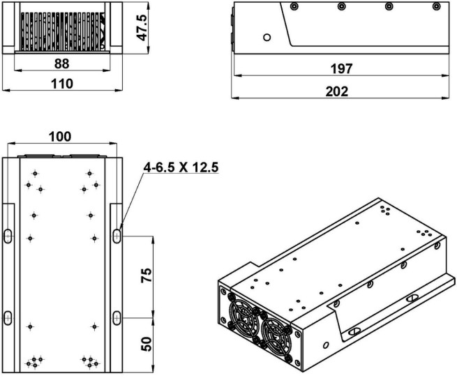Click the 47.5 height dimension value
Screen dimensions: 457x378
[x=142, y=27]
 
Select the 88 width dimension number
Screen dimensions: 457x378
[x=62, y=63]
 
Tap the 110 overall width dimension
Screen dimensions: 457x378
[x=62, y=84]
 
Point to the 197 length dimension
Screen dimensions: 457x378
[x=341, y=69]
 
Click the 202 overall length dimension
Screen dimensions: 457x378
[x=337, y=91]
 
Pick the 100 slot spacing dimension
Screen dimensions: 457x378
[x=60, y=137]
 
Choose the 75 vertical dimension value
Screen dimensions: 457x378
[x=147, y=275]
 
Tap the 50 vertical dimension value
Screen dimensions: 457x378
[x=147, y=344]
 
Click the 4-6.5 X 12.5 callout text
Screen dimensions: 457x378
[x=181, y=167]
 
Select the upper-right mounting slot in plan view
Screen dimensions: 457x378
[x=117, y=236]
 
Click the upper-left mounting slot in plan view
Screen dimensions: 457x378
[x=8, y=236]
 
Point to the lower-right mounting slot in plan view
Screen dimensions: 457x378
[x=117, y=317]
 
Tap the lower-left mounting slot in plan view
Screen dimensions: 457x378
[x=8, y=317]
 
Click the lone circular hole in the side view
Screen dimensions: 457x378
[x=267, y=37]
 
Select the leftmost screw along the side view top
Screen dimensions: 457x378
[x=294, y=6]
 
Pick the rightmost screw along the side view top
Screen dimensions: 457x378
[x=436, y=6]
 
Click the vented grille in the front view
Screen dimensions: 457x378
[x=63, y=31]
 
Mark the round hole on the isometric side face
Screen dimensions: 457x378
[x=326, y=345]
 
